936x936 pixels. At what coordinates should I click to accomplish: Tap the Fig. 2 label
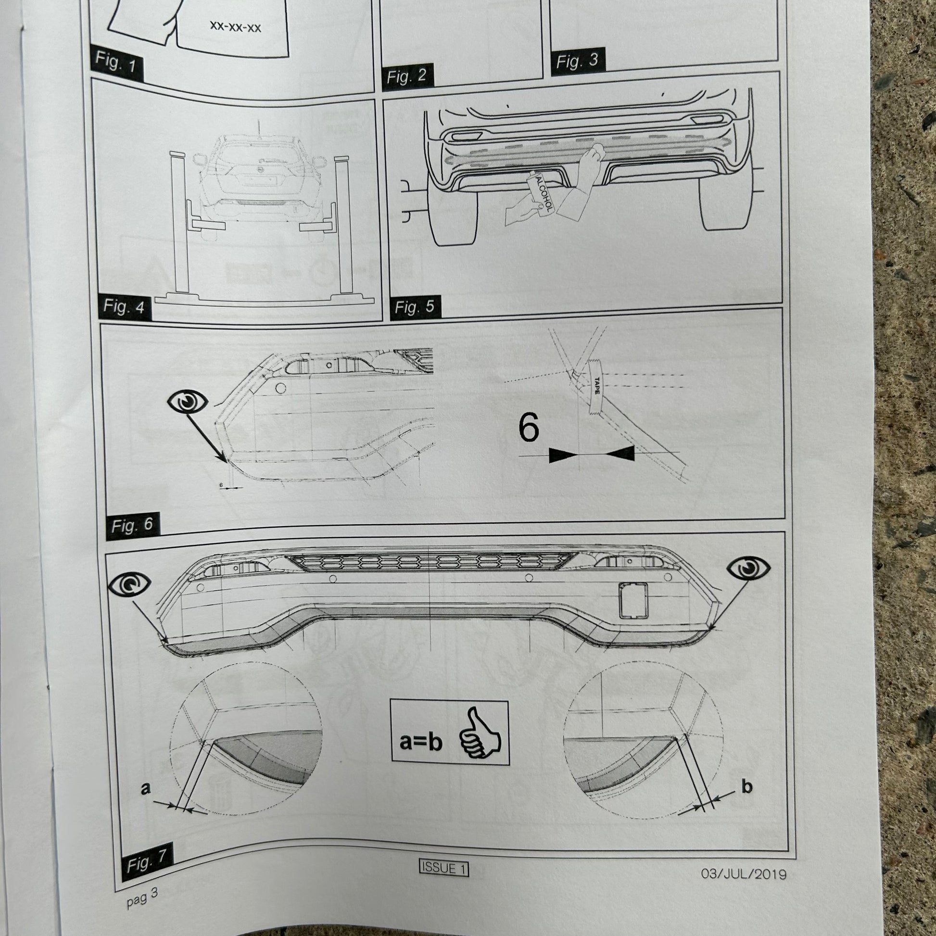[406, 76]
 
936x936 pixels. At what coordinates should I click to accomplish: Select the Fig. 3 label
[577, 61]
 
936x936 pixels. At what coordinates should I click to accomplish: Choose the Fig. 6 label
[132, 525]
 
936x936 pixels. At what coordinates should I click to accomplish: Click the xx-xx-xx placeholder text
[236, 27]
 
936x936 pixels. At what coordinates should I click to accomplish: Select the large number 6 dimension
[528, 428]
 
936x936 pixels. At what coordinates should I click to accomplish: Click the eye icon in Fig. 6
[188, 401]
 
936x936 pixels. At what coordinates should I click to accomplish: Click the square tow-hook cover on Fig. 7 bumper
[632, 600]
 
